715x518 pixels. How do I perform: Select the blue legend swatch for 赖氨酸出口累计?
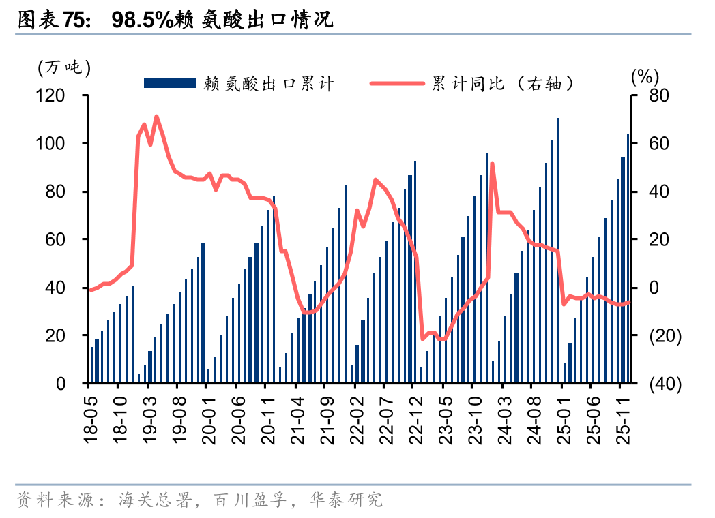(x=170, y=83)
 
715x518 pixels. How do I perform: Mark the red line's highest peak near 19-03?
(x=156, y=117)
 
